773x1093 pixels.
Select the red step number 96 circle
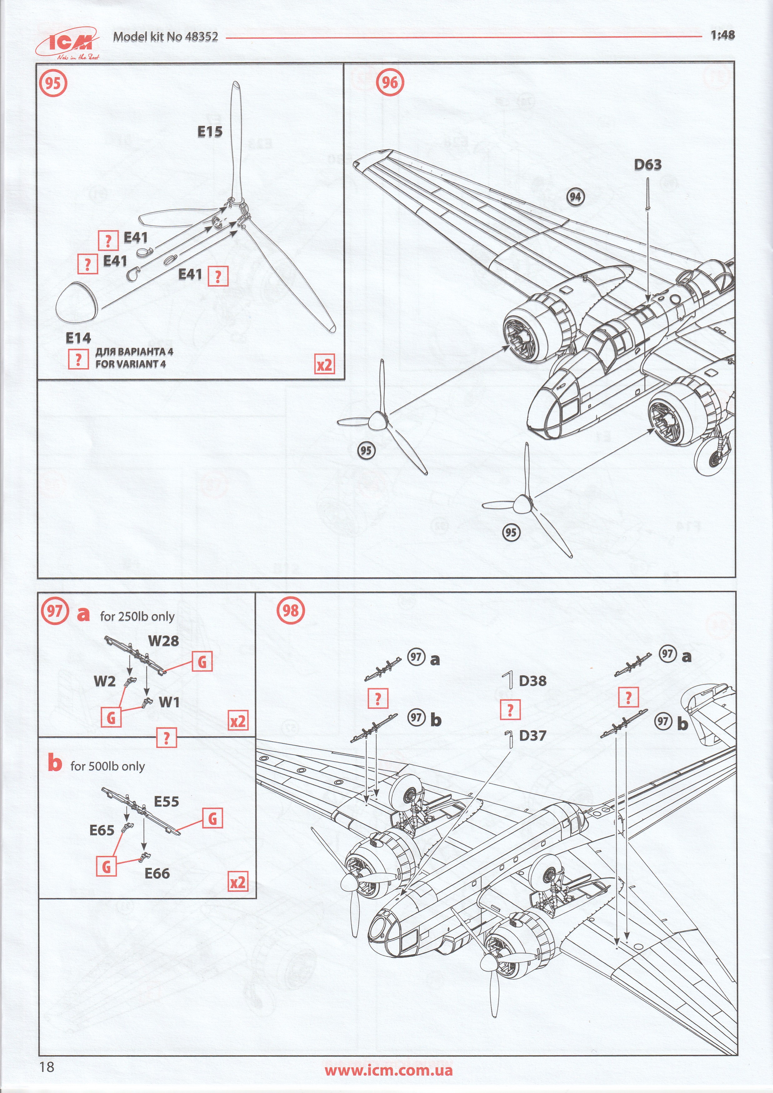pyautogui.click(x=390, y=83)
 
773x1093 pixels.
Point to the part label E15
pyautogui.click(x=210, y=132)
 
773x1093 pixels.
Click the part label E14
pyautogui.click(x=78, y=338)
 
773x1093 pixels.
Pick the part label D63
pyautogui.click(x=648, y=165)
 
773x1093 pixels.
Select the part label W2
pyautogui.click(x=104, y=681)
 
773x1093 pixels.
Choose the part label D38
pyautogui.click(x=532, y=681)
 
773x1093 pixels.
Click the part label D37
pyautogui.click(x=532, y=736)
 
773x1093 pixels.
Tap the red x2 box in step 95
pyautogui.click(x=324, y=365)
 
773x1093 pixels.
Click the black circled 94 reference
pyautogui.click(x=575, y=196)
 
